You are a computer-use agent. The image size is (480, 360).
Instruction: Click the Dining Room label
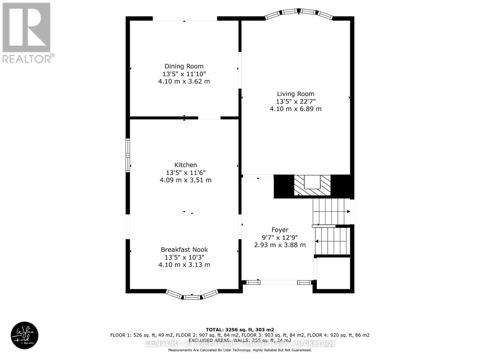coord(184,66)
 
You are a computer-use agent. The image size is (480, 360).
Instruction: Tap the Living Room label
coord(295,94)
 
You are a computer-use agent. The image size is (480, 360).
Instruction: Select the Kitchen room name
coord(186,165)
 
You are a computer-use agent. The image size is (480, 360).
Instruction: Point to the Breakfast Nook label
coord(184,250)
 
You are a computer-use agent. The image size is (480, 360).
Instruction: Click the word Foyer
coord(280,230)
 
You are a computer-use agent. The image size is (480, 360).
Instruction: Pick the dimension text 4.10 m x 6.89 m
coord(295,109)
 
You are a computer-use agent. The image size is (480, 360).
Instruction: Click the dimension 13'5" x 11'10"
coord(184,74)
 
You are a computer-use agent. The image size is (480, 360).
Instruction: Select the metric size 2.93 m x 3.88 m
coord(280,245)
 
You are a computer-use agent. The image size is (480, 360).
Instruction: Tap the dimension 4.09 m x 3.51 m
coord(186,180)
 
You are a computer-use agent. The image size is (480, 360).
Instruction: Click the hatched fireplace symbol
coord(312,186)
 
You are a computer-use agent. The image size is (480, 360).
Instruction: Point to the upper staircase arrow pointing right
coord(348,211)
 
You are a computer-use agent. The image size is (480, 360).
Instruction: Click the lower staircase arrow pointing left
coord(317,241)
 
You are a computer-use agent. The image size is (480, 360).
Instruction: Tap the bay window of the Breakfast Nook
coord(192,295)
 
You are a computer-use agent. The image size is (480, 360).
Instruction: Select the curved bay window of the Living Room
coord(298,13)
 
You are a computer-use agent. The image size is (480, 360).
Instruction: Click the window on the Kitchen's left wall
coord(128,155)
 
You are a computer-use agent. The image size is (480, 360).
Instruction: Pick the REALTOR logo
coord(27,33)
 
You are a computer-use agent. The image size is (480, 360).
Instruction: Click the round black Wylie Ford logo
coord(25,335)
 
